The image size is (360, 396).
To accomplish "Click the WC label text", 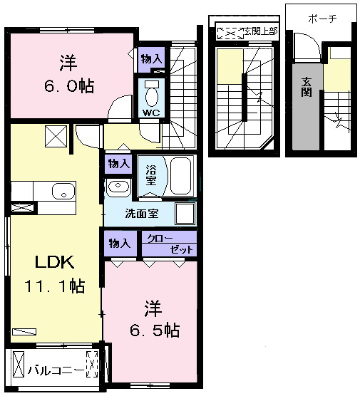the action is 151,113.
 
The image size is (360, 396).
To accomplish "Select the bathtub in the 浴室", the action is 180,176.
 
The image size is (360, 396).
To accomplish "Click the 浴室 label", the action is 151,175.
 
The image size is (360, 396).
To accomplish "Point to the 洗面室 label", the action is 142,214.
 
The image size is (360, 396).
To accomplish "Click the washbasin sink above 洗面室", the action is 118,187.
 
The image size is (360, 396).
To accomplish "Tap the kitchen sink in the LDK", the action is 63,191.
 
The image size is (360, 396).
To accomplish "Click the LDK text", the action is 55,262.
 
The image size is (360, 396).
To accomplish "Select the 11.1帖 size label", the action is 54,286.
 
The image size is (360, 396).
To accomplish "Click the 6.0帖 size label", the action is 69,86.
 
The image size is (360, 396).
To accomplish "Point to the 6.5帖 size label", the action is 155,330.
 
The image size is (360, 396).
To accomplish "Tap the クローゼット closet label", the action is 170,244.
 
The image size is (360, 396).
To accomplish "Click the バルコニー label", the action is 56,370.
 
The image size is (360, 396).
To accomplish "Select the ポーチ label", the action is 323,19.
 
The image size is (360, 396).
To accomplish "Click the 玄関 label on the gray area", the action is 306,87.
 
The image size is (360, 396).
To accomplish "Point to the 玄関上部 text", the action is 261,31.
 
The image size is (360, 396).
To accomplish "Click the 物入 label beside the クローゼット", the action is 120,244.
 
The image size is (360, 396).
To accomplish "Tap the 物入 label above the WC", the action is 151,59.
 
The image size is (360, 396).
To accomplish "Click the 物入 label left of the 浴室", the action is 119,164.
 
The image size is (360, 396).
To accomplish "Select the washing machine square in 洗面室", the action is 185,214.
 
